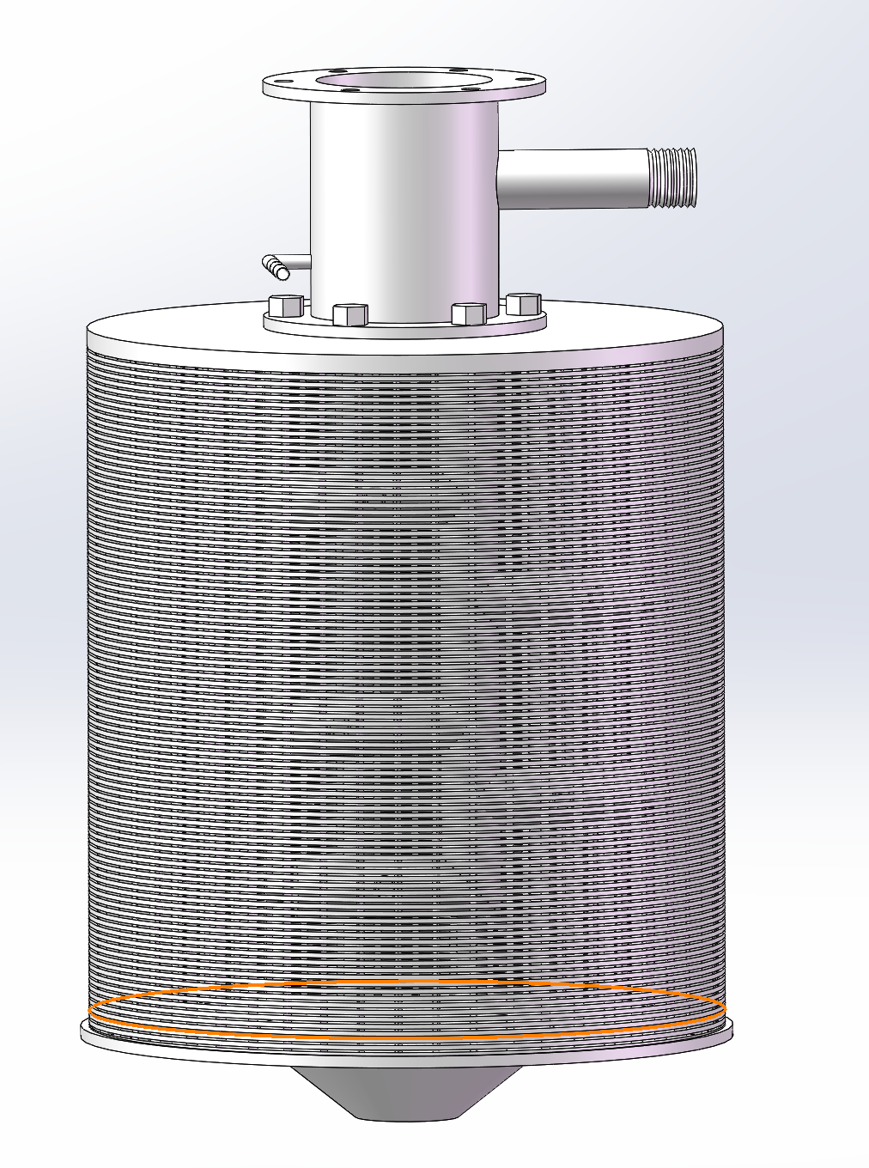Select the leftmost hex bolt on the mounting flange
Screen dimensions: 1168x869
(x=286, y=306)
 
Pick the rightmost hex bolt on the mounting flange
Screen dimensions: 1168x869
(x=524, y=303)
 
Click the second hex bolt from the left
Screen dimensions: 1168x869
(x=349, y=314)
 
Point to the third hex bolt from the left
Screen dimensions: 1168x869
(x=468, y=313)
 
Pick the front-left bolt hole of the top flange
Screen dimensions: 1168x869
(x=350, y=88)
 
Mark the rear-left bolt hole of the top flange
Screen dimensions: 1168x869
(x=338, y=72)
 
